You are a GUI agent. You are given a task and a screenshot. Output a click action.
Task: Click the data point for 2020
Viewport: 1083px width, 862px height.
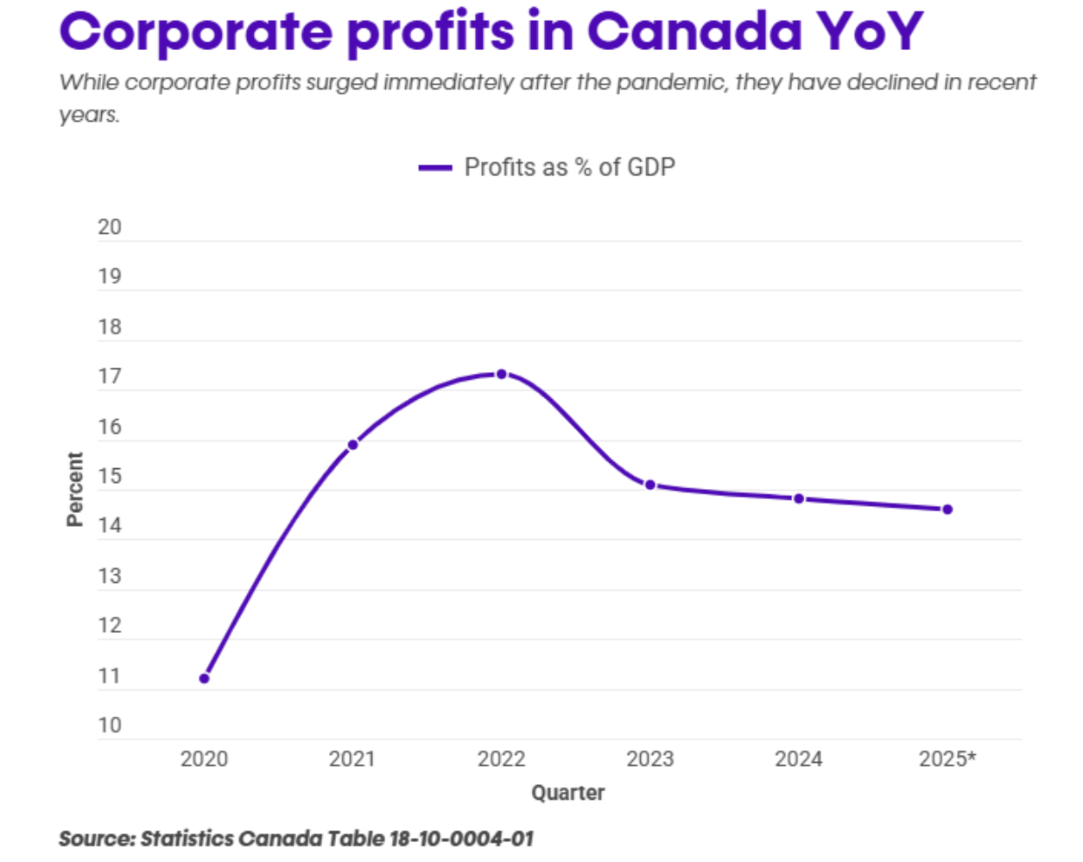[204, 678]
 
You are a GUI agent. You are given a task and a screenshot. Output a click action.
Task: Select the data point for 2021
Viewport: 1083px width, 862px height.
[352, 445]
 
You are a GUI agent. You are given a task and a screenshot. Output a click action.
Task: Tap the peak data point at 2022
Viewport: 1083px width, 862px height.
[501, 374]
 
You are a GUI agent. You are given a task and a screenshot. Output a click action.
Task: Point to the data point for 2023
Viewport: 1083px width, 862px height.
[650, 485]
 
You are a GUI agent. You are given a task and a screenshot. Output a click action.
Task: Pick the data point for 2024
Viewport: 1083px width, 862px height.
[799, 498]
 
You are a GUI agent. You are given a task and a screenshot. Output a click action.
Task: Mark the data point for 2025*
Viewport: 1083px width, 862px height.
[947, 510]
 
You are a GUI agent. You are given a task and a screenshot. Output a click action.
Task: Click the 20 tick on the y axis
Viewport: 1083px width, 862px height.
[110, 227]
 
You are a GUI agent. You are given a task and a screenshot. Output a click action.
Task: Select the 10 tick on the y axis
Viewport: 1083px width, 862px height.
[110, 726]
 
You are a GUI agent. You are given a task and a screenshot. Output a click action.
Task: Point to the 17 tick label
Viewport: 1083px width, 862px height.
[110, 377]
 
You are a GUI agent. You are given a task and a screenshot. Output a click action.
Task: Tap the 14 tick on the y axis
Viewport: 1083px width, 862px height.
[110, 525]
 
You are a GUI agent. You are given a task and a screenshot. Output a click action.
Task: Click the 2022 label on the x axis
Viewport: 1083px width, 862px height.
[501, 759]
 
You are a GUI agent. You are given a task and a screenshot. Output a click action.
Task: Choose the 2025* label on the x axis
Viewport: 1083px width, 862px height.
[947, 759]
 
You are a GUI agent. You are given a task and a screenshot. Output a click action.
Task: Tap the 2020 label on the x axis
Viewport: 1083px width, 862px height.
[204, 759]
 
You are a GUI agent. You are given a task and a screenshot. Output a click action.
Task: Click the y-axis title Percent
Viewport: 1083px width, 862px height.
[75, 489]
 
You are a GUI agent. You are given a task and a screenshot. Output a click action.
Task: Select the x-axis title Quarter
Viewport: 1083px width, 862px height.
[567, 793]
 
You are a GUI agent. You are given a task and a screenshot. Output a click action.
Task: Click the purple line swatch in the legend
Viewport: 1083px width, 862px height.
[435, 168]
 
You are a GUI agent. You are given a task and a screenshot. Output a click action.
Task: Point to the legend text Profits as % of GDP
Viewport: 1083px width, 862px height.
[569, 168]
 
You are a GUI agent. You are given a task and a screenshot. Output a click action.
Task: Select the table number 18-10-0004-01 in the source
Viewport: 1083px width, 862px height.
[461, 839]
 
